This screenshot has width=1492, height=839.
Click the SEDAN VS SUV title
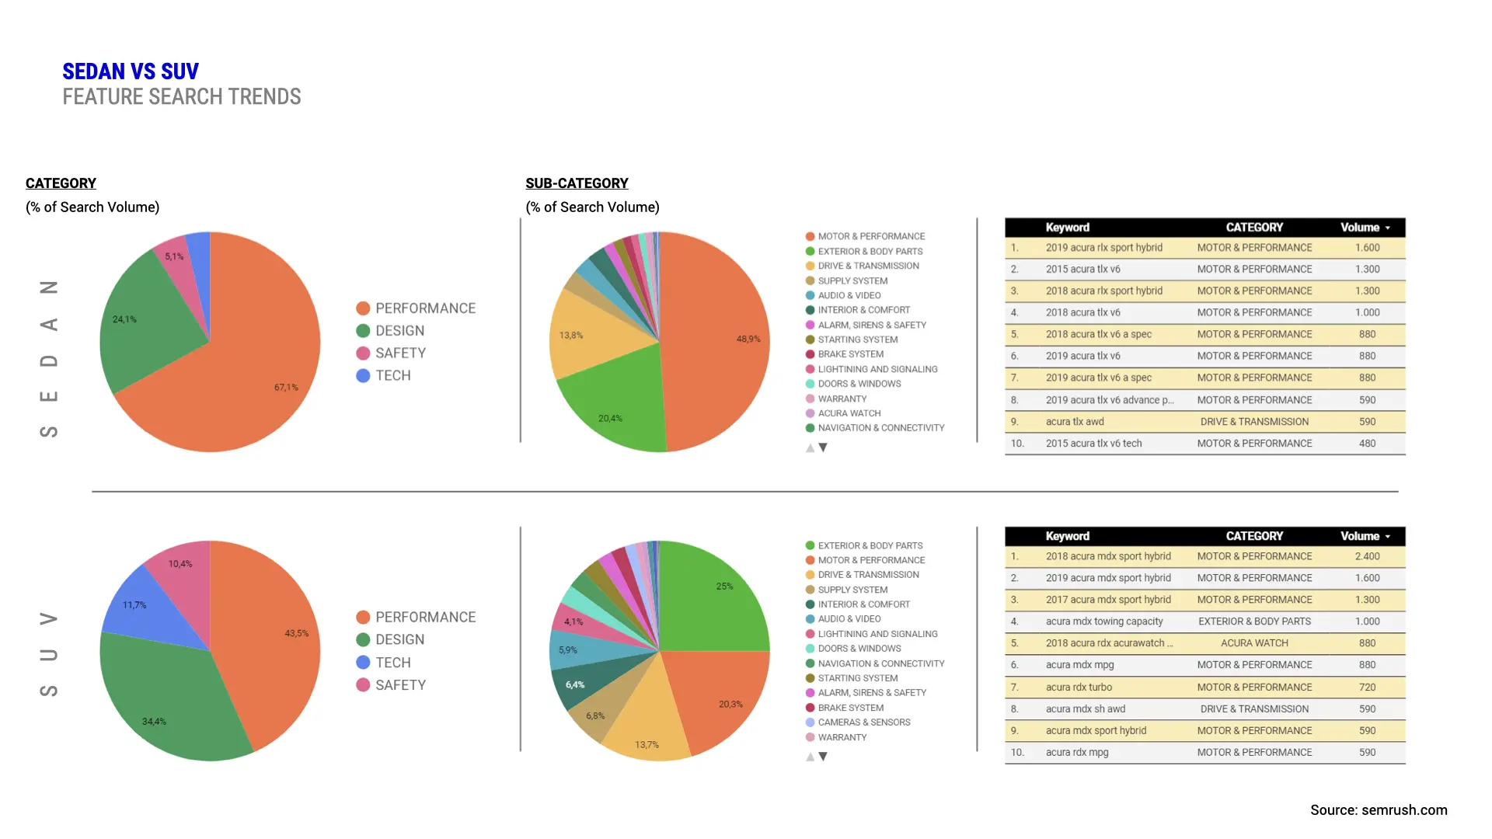click(131, 71)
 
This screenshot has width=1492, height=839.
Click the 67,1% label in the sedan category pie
click(286, 387)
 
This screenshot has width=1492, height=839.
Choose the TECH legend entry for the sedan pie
click(392, 376)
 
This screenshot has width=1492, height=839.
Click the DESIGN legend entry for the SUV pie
click(399, 640)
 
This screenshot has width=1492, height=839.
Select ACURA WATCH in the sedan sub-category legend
click(849, 413)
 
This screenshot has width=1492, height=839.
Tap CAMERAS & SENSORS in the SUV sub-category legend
click(863, 722)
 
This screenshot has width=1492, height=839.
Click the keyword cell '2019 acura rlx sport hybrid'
click(1103, 248)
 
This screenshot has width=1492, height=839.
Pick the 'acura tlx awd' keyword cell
click(1075, 422)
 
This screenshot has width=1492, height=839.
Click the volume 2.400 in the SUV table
click(1367, 557)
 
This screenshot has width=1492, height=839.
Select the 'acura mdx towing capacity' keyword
click(1103, 621)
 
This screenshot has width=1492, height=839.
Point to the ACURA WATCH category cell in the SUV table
click(1254, 643)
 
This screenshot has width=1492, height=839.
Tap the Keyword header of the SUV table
click(1067, 537)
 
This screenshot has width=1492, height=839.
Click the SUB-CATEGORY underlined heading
click(577, 183)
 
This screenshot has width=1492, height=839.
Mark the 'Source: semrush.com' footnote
click(1379, 810)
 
